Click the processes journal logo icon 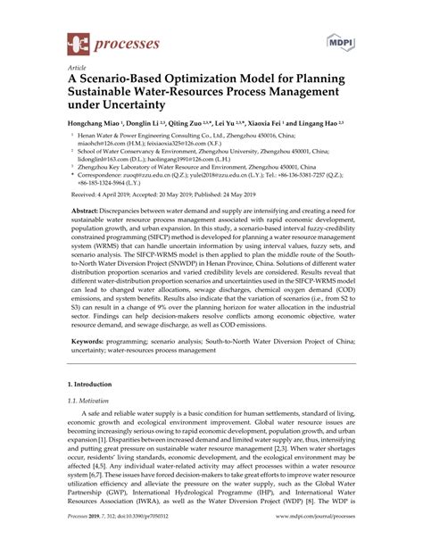pos(79,42)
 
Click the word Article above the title pos(77,68)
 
